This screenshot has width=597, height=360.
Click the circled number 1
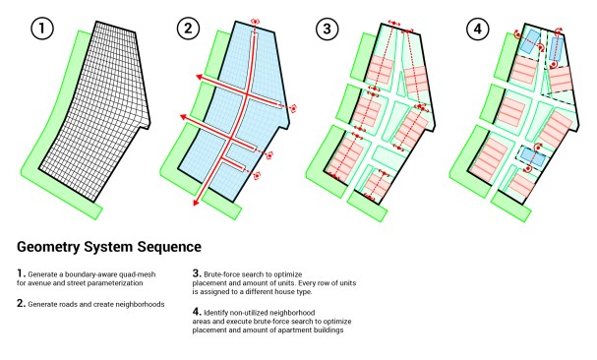tap(42, 29)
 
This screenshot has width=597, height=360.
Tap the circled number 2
tap(188, 29)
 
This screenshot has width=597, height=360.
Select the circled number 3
tap(328, 29)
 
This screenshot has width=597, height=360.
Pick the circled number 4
tap(477, 29)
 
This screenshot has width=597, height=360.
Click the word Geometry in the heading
tap(48, 247)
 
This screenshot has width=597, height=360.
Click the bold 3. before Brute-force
tap(197, 273)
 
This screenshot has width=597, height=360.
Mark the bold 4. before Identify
tap(197, 311)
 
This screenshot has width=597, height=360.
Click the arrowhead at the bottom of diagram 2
tap(197, 202)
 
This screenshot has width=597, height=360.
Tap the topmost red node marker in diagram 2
tap(255, 22)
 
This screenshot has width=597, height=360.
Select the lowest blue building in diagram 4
tap(533, 157)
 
